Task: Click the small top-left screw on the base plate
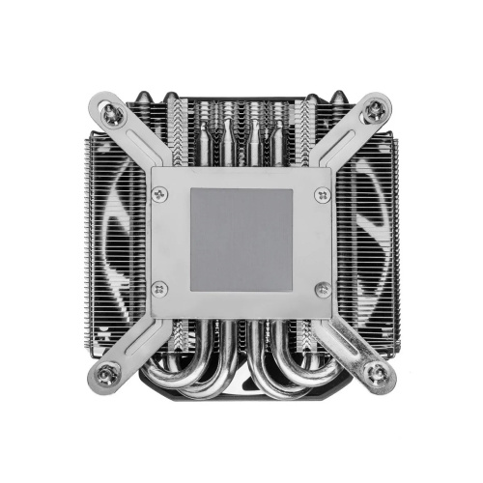point(160,194)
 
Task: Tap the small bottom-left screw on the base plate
point(160,288)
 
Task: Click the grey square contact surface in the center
point(241,241)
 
